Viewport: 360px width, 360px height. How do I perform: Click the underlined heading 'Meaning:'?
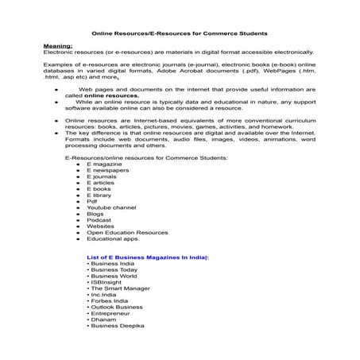click(56, 47)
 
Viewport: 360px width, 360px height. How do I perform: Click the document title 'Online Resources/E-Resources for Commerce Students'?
click(180, 33)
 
